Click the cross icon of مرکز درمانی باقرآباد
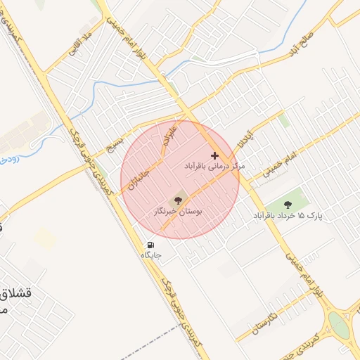click(x=214, y=155)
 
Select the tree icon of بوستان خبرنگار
click(x=177, y=199)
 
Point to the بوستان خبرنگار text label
click(x=178, y=210)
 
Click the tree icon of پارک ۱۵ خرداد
click(x=286, y=204)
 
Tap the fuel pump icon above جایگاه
click(x=150, y=245)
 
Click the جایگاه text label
click(x=151, y=255)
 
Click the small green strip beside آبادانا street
click(x=283, y=120)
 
